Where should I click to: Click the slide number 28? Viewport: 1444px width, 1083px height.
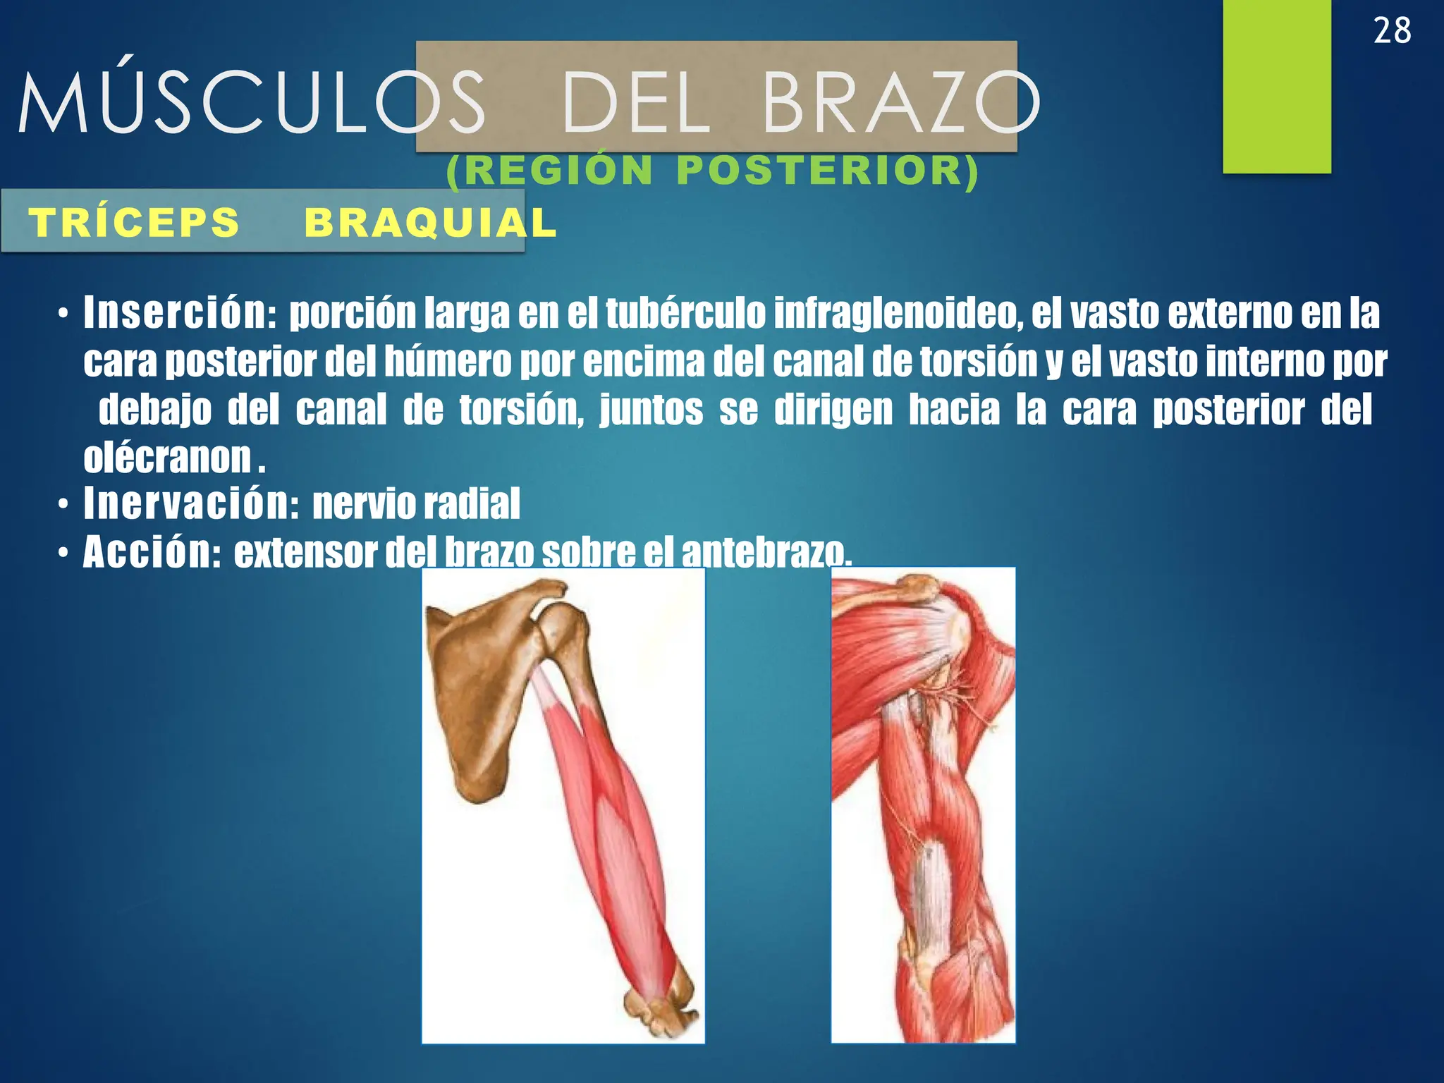1392,32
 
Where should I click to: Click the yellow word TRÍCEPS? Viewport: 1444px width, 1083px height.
134,223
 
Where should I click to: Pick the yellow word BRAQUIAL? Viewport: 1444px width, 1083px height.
430,223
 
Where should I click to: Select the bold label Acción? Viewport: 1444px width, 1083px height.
152,552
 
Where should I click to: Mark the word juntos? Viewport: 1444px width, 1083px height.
651,410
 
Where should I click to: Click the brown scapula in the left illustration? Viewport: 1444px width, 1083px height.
479,698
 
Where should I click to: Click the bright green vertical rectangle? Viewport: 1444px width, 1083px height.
1276,85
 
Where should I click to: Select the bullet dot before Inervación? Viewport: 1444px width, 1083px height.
63,505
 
